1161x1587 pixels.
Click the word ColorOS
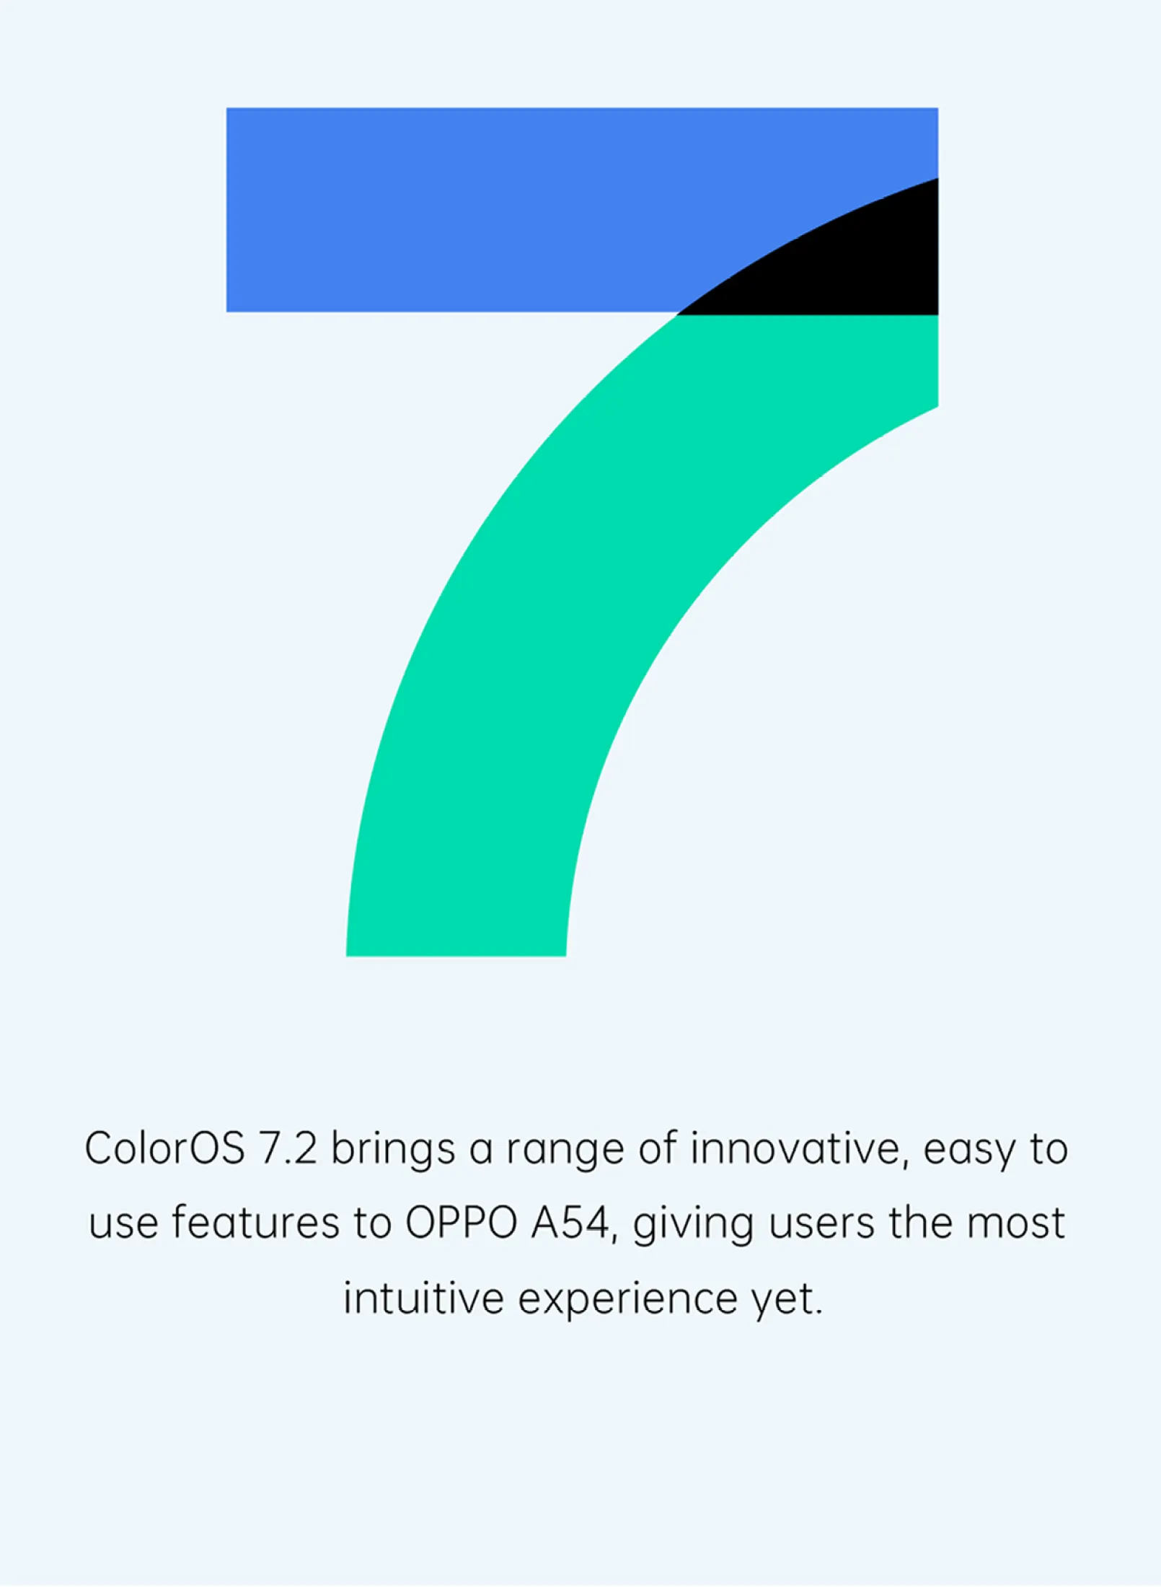click(164, 1148)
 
